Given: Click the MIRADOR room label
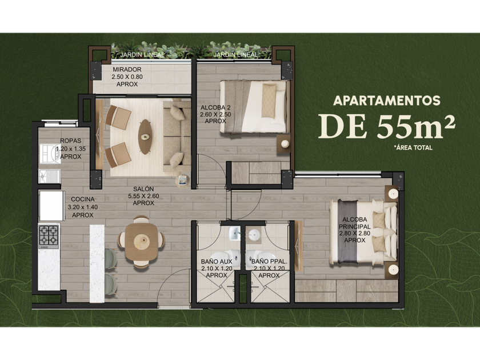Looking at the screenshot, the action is tap(127, 70).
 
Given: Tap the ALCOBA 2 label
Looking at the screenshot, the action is tap(215, 108).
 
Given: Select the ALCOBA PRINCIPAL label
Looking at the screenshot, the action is tap(355, 223).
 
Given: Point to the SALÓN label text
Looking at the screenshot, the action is tap(143, 189).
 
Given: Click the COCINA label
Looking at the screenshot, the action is tap(83, 199).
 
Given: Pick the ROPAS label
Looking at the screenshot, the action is tap(71, 141).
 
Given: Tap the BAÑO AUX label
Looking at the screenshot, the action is tap(217, 262).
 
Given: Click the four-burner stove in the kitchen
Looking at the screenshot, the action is tap(49, 237).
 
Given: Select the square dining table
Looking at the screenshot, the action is tap(142, 242).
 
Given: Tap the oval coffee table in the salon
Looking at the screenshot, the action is tap(145, 137).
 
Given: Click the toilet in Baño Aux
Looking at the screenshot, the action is tap(225, 257).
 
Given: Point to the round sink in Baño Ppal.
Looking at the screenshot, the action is tap(254, 235).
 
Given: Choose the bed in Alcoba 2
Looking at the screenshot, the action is tap(255, 107).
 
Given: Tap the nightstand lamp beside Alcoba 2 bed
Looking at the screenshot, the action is tap(285, 143).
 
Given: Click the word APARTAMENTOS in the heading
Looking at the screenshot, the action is tap(387, 101).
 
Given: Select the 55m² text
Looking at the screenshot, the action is tap(416, 126).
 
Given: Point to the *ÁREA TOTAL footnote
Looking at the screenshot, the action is tap(413, 147).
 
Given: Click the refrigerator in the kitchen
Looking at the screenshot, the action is tap(51, 206).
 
